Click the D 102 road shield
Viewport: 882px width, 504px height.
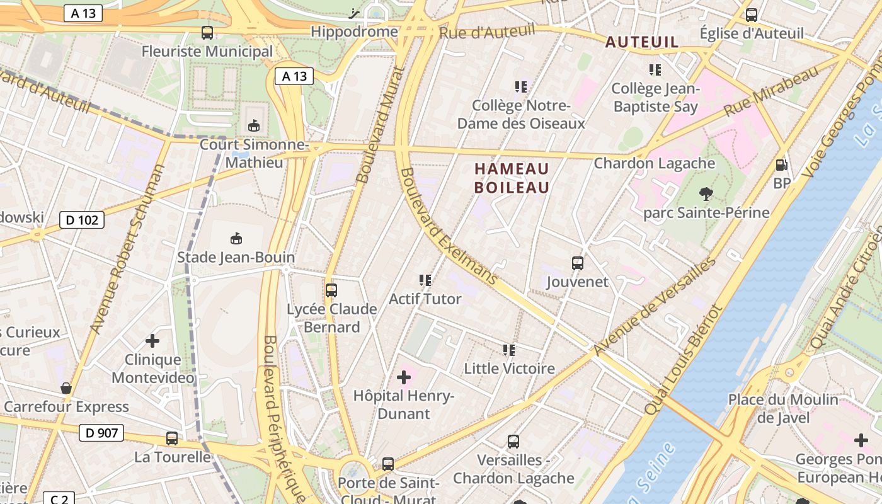pos(82,220)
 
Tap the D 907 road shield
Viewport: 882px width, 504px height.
pos(101,433)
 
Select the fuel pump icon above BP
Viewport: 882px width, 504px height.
pos(781,165)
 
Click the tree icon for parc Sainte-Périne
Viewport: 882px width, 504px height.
pos(706,194)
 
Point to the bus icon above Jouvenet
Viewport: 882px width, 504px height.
pos(577,263)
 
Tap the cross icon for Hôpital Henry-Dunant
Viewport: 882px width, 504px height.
pos(404,378)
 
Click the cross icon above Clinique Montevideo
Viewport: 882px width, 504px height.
pos(152,341)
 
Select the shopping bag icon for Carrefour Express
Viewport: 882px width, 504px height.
pos(66,388)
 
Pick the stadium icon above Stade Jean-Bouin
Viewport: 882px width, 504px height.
pos(236,238)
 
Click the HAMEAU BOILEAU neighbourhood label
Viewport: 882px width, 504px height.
pos(512,178)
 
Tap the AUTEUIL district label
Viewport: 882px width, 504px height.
pos(642,42)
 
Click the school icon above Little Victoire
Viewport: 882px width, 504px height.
pos(509,350)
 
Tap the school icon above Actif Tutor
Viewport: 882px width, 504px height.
pos(425,280)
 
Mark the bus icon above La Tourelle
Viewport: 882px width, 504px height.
pos(172,438)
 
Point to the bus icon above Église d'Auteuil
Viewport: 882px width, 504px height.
pos(752,15)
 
